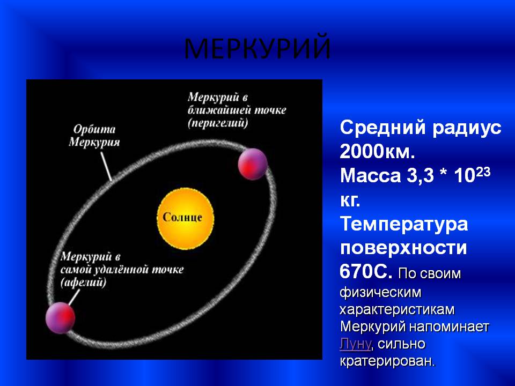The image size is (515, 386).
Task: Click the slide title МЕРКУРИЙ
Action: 257,49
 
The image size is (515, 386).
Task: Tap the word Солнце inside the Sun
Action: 182,217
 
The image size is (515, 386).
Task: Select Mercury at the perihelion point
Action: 252,164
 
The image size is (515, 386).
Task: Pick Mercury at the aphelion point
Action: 61,318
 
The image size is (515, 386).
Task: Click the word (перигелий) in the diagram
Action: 218,123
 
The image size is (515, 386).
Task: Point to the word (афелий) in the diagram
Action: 84,283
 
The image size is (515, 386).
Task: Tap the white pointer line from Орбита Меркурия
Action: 106,167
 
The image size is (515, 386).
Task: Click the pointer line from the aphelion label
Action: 74,297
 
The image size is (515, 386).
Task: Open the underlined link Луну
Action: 355,344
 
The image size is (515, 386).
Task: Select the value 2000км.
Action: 377,152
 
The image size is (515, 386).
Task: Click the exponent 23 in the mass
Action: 482,172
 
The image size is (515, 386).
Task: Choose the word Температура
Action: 404,224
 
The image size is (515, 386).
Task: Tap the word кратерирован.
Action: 387,361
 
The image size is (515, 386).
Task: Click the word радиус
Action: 467,128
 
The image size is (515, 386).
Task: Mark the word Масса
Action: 371,176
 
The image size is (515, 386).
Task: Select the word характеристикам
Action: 397,310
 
